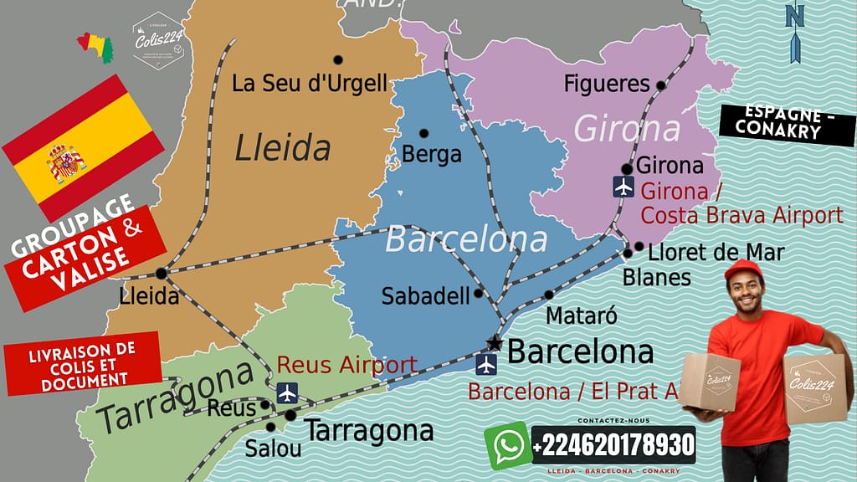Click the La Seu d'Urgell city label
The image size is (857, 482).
tap(310, 84)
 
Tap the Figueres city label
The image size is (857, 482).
tap(607, 84)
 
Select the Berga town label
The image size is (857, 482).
tap(432, 154)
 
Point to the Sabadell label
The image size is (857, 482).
tap(425, 296)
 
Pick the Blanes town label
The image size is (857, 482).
tap(657, 276)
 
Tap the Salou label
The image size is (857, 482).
tap(273, 449)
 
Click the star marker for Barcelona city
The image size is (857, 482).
tap(495, 344)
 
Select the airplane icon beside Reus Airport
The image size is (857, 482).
tap(287, 392)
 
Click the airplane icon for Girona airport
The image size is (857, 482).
tap(623, 187)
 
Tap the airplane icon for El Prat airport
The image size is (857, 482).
tap(485, 365)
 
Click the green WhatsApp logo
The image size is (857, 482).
tap(507, 445)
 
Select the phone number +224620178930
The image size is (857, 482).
tap(613, 444)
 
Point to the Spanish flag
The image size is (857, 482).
tap(82, 146)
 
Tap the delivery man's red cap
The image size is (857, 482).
tap(744, 269)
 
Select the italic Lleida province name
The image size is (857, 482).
tap(283, 148)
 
